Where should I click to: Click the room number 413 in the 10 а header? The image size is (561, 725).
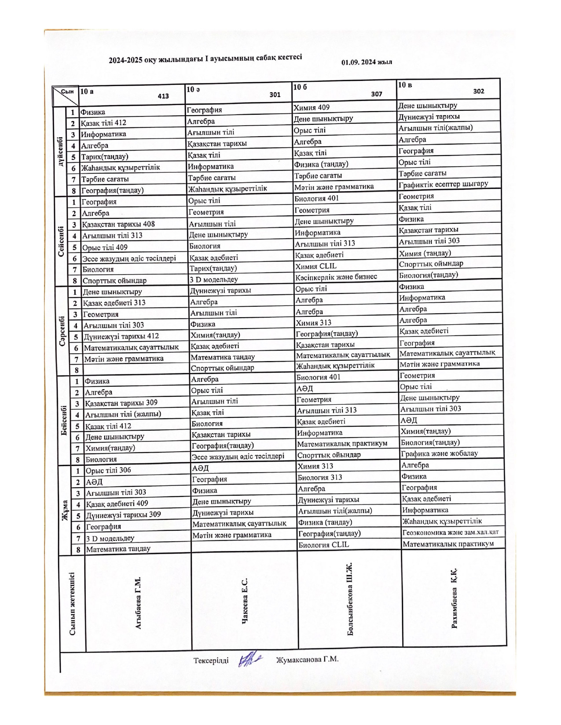tap(163, 96)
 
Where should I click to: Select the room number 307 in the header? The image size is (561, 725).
tap(377, 94)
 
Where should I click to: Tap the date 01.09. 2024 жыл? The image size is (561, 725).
tap(367, 62)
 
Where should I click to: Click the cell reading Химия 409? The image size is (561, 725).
tap(312, 107)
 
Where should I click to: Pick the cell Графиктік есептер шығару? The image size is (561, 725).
tap(443, 184)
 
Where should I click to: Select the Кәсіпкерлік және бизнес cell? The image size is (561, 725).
tap(336, 276)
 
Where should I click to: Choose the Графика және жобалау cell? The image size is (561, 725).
tap(439, 453)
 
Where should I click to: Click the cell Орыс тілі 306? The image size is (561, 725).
tap(108, 470)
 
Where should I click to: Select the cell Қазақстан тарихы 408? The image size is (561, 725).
tap(118, 224)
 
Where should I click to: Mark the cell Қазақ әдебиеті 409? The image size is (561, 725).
tap(117, 503)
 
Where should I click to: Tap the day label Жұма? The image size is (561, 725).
tap(65, 510)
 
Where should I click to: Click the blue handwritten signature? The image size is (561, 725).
tap(249, 660)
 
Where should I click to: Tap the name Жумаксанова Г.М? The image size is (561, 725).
tap(307, 659)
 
